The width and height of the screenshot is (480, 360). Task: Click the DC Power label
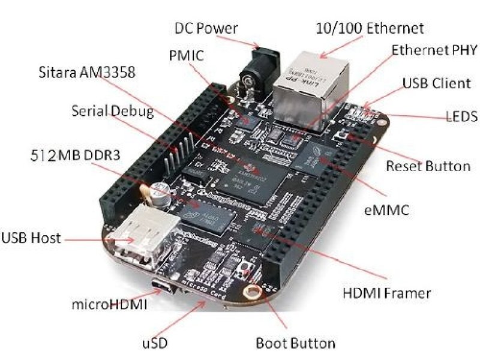point(206,28)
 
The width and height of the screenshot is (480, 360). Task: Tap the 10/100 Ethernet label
point(370,28)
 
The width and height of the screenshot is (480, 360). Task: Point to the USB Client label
point(436,83)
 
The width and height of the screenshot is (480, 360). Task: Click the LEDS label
point(461,116)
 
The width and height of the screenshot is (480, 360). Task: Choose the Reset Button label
point(427,166)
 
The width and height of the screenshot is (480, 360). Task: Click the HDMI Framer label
point(387,293)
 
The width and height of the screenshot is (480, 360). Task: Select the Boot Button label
point(295,343)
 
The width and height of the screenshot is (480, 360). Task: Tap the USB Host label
point(31,238)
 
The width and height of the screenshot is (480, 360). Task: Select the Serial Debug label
point(112,112)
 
